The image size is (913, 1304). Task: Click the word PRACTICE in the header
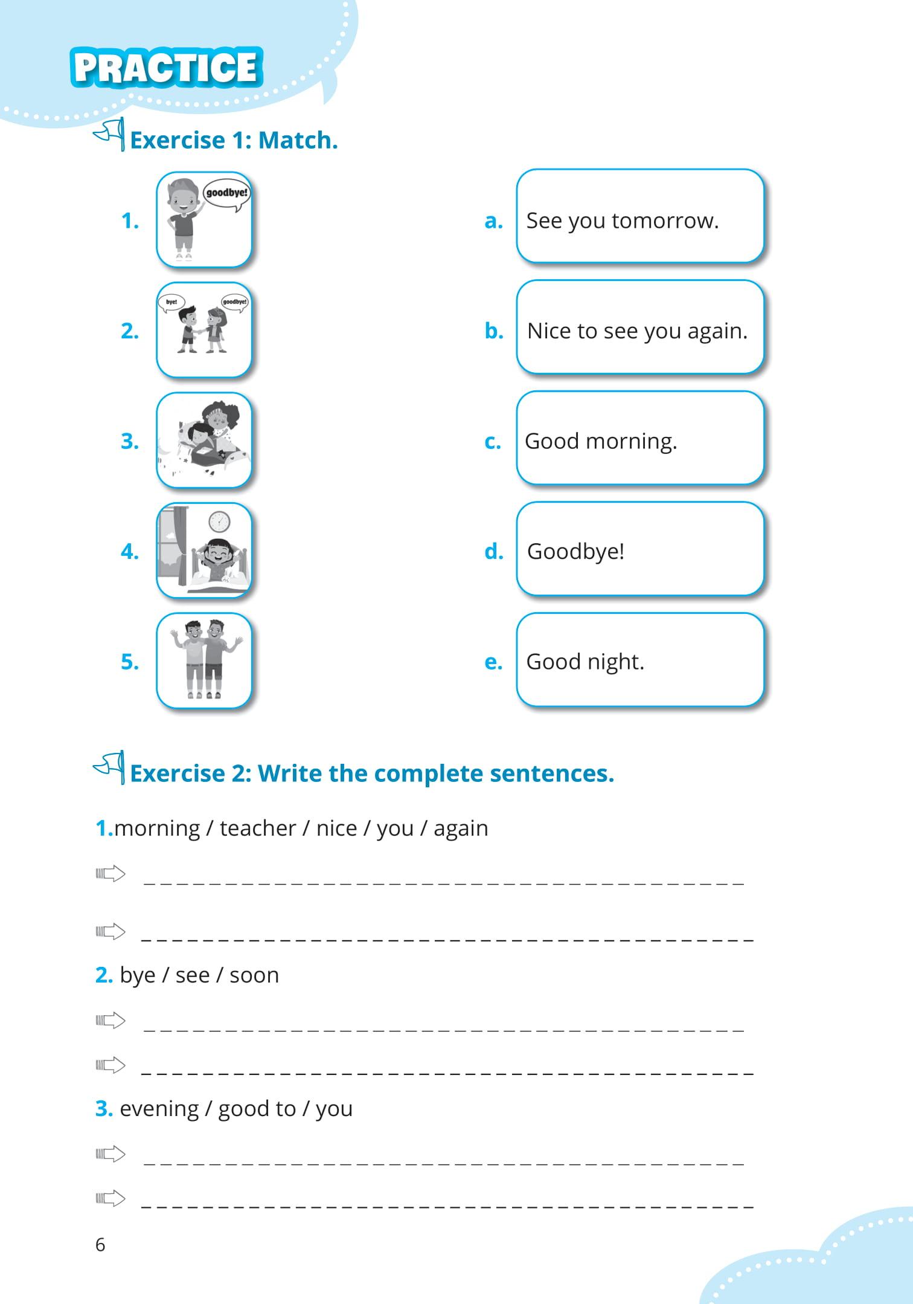pos(166,67)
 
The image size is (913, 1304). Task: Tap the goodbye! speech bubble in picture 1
pos(226,193)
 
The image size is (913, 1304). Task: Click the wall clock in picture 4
pos(219,521)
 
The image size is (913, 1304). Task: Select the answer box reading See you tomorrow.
pos(639,216)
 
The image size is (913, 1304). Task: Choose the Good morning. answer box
pos(639,437)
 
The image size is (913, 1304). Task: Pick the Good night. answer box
pos(639,660)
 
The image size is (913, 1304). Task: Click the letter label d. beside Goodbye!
pos(493,551)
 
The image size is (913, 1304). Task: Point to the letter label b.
pos(493,331)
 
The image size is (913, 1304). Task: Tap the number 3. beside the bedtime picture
pos(129,441)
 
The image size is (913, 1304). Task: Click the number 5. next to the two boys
pos(129,662)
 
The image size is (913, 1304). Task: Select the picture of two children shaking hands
pos(204,330)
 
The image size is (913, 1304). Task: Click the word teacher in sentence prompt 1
pos(258,828)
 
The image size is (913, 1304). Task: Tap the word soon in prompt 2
pos(254,975)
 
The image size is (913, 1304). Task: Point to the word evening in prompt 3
pos(159,1109)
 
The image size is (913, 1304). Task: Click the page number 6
pos(100,1245)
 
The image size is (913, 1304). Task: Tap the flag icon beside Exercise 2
pos(111,767)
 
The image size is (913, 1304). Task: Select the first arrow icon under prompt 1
pos(111,874)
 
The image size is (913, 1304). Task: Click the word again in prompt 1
pos(461,828)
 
